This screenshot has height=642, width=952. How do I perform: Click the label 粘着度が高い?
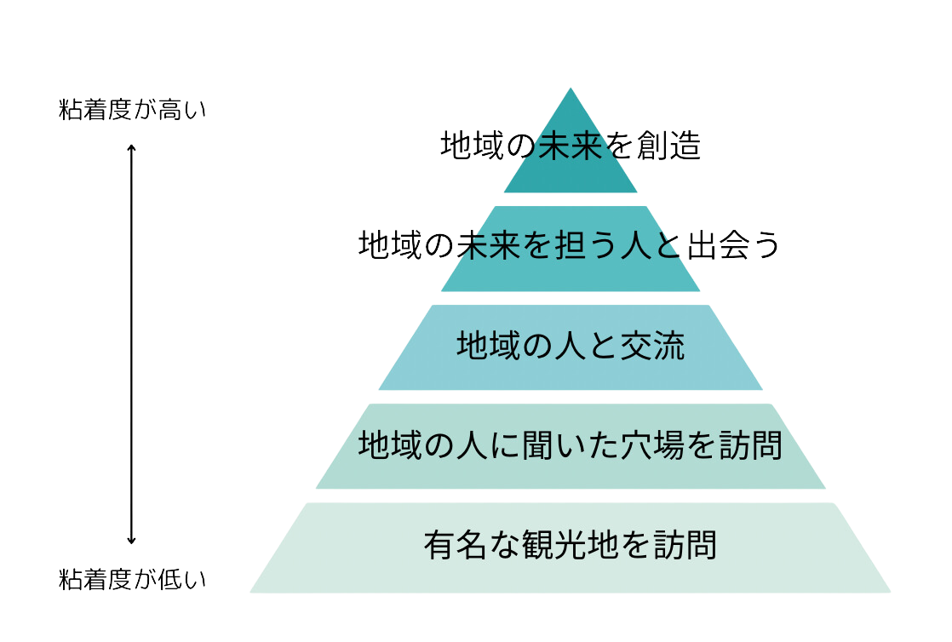tap(132, 111)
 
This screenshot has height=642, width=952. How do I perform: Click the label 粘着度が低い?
tap(132, 581)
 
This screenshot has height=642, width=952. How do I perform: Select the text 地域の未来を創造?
tap(570, 147)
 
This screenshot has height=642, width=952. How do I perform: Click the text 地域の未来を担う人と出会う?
tap(569, 245)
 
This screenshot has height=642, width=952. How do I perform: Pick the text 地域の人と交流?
tap(570, 347)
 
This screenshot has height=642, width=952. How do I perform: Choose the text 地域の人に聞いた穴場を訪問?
tap(570, 444)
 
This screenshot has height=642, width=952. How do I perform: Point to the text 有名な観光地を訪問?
tap(570, 544)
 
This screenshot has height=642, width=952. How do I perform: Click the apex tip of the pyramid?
tap(570, 89)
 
